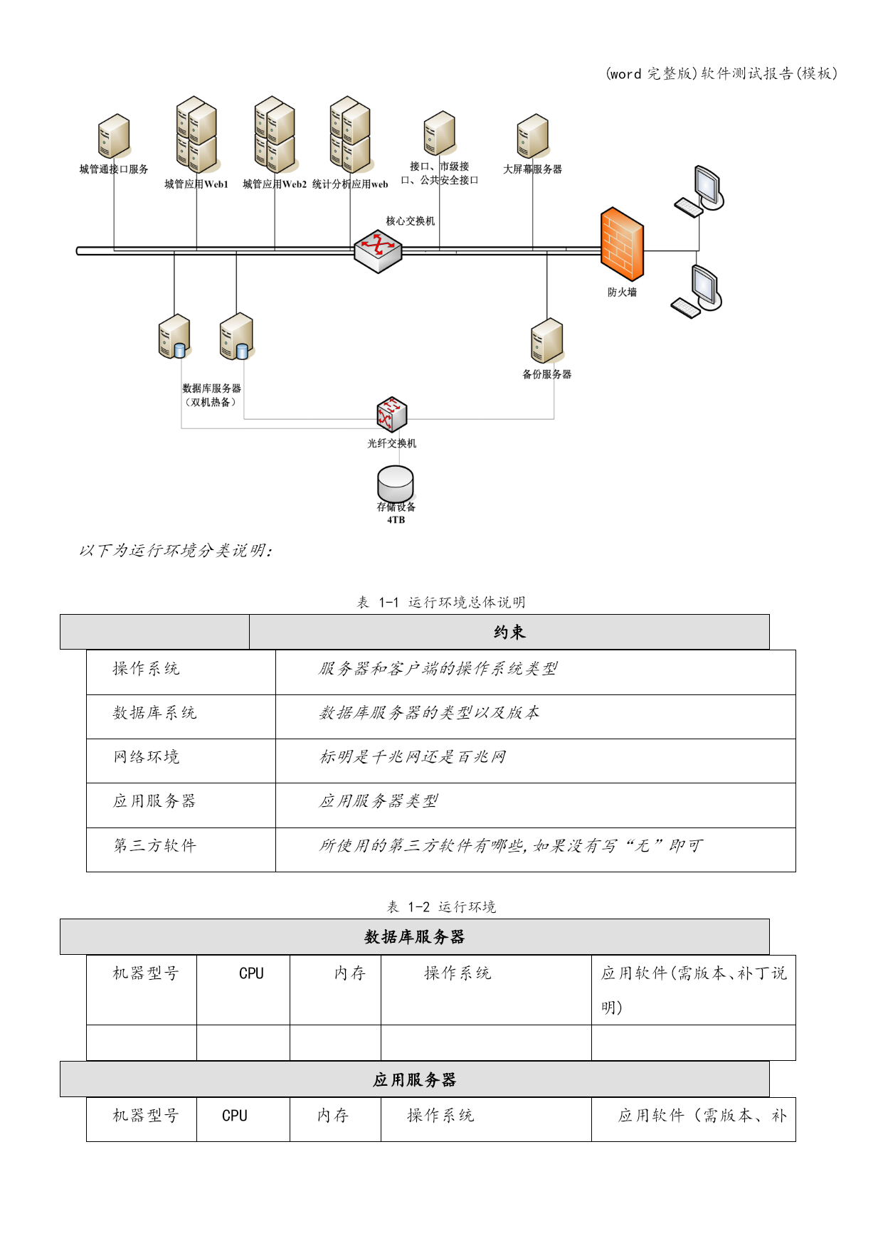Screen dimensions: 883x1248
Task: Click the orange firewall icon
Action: pyautogui.click(x=622, y=244)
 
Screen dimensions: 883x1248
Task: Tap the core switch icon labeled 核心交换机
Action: pyautogui.click(x=378, y=251)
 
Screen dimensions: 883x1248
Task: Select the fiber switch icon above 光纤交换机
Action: pyautogui.click(x=392, y=415)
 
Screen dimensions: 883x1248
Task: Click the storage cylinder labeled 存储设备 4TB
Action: pyautogui.click(x=396, y=484)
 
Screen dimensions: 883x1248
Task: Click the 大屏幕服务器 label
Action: pyautogui.click(x=532, y=169)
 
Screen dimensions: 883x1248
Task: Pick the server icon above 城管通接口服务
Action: pyautogui.click(x=114, y=136)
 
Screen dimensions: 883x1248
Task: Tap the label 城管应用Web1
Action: pyautogui.click(x=196, y=184)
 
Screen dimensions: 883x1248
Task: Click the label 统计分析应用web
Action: pyautogui.click(x=350, y=184)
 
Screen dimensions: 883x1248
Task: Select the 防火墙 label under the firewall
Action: pyautogui.click(x=622, y=292)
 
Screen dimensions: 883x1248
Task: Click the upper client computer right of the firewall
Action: pyautogui.click(x=699, y=191)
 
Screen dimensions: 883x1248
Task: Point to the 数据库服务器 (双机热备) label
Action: pyautogui.click(x=211, y=395)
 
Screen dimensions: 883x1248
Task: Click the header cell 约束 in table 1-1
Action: pyautogui.click(x=509, y=632)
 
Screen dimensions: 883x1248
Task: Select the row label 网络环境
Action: pyautogui.click(x=146, y=757)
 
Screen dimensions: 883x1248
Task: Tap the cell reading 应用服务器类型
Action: pyautogui.click(x=379, y=801)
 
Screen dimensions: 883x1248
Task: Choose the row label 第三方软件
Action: pyautogui.click(x=154, y=845)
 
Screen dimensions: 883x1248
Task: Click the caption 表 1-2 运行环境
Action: pyautogui.click(x=441, y=906)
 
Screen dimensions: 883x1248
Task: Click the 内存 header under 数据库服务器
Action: pyautogui.click(x=349, y=973)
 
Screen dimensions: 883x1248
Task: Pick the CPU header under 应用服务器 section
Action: pyautogui.click(x=235, y=1116)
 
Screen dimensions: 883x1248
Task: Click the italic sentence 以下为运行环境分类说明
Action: pyautogui.click(x=175, y=551)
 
